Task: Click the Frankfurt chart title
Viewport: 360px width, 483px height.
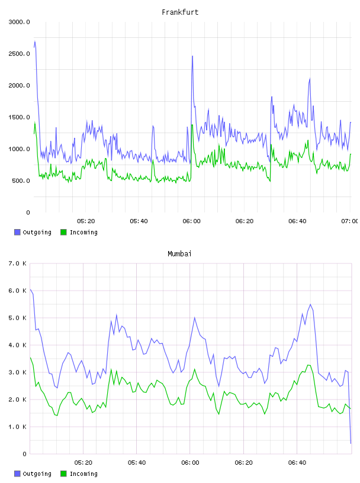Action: click(180, 12)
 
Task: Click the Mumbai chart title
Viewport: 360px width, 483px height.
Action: click(179, 254)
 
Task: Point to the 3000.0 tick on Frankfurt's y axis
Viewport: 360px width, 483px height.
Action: click(19, 22)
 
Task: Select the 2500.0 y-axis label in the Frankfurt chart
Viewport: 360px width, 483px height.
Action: click(19, 54)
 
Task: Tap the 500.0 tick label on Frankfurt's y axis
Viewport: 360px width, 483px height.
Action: click(21, 181)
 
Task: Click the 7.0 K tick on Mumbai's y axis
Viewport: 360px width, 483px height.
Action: click(17, 263)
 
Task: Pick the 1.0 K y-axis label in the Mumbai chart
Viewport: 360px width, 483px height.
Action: click(17, 427)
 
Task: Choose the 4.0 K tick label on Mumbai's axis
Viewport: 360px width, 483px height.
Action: click(17, 345)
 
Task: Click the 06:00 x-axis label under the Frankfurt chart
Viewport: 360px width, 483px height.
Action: click(191, 221)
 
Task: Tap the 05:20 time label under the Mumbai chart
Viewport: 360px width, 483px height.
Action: click(83, 463)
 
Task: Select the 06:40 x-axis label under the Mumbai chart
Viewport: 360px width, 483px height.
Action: click(297, 463)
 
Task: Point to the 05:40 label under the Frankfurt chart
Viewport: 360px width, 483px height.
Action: click(139, 221)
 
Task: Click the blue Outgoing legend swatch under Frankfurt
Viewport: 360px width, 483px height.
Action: click(17, 232)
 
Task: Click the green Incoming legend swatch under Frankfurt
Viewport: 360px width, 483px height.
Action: click(63, 232)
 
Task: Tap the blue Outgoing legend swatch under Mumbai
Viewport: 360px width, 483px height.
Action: click(17, 474)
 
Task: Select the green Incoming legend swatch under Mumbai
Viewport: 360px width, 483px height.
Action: click(63, 474)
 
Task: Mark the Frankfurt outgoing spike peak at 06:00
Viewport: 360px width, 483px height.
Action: click(192, 56)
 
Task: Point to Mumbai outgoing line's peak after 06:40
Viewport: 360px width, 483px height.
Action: click(310, 304)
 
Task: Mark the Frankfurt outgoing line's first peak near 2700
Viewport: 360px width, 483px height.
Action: click(35, 41)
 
